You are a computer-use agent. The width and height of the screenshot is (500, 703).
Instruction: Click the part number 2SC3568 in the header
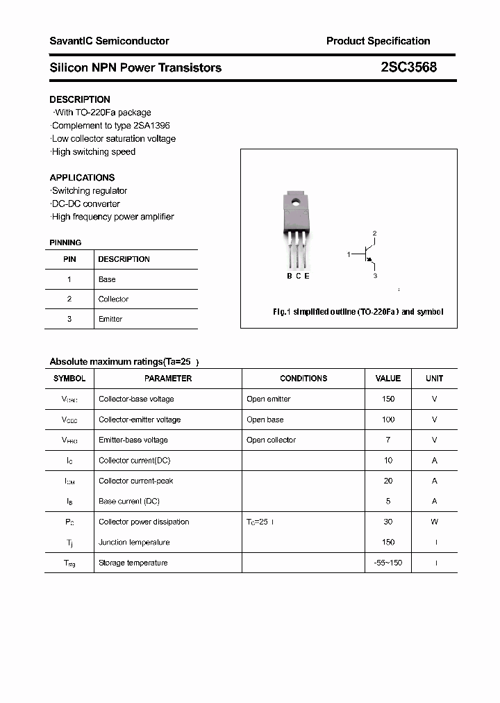(409, 67)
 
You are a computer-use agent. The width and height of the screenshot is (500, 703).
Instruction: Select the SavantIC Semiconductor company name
(109, 41)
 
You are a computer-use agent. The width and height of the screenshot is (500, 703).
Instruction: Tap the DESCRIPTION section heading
(80, 99)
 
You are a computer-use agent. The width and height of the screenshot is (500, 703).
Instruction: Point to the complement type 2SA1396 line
(110, 126)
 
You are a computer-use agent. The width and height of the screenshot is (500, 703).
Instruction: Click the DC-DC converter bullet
(85, 204)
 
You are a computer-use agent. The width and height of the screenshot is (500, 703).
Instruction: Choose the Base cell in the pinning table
(107, 279)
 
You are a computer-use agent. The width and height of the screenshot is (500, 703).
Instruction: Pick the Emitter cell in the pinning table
(110, 319)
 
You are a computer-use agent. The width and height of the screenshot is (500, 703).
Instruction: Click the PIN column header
(69, 259)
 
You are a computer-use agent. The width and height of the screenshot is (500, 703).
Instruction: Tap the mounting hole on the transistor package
(296, 203)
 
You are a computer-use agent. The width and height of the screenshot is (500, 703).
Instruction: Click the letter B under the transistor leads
(290, 276)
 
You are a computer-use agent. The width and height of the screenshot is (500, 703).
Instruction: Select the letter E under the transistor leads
(307, 276)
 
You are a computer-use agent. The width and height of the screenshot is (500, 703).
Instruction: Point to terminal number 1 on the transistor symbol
(349, 255)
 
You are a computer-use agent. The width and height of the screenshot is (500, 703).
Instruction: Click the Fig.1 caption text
(358, 312)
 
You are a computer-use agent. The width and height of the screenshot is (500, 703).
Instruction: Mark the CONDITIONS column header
(303, 379)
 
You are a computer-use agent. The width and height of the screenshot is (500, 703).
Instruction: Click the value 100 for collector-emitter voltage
(388, 420)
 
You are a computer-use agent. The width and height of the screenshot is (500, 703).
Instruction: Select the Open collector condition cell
(271, 440)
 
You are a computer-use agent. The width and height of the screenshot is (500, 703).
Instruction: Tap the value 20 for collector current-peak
(388, 481)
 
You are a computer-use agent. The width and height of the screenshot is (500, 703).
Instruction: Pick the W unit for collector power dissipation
(435, 522)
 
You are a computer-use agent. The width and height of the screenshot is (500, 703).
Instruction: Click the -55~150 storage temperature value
(388, 563)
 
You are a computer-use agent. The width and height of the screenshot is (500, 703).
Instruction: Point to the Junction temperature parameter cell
(134, 542)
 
